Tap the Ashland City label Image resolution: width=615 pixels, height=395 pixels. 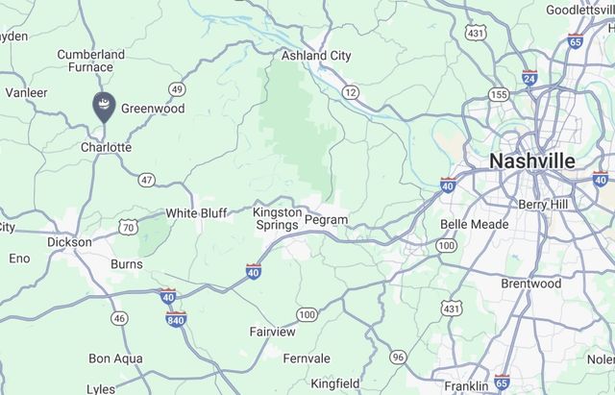pos(315,56)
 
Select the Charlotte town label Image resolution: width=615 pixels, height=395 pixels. pos(106,147)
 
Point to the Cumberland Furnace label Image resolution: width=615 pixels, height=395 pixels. pos(90,61)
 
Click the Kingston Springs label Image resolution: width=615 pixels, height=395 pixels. pos(276,218)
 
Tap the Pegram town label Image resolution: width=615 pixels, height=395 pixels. pos(325,220)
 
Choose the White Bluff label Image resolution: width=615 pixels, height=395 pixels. pos(196,212)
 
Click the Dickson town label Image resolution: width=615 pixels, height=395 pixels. pos(69,242)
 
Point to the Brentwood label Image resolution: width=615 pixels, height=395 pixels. pos(530,284)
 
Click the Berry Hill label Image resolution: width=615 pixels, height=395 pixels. pos(545,204)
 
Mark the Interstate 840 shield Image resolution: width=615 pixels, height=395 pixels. pos(175,318)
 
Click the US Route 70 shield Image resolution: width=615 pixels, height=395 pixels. pos(129,227)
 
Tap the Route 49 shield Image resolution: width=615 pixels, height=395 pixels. pos(176,89)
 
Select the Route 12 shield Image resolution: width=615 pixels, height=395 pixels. pos(351,92)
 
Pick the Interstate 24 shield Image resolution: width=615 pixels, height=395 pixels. pos(529,78)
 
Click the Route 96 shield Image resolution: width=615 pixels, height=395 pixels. pos(398,358)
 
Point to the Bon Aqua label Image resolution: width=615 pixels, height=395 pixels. pos(115,358)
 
